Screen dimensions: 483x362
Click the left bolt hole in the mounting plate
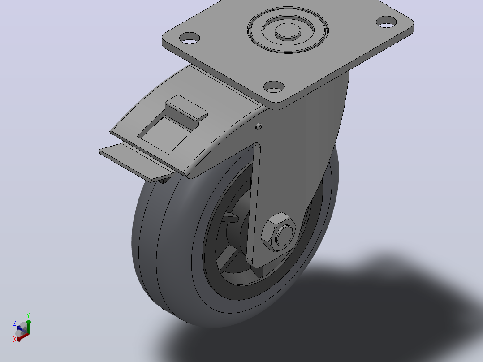[x=190, y=38]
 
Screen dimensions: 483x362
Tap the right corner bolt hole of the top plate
[x=386, y=22]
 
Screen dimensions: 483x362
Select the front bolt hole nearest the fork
[x=274, y=86]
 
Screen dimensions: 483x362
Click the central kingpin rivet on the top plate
[x=288, y=31]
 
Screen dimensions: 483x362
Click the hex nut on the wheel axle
[x=279, y=232]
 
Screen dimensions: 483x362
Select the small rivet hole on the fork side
[x=259, y=126]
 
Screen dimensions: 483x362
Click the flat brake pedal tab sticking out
[x=135, y=162]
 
